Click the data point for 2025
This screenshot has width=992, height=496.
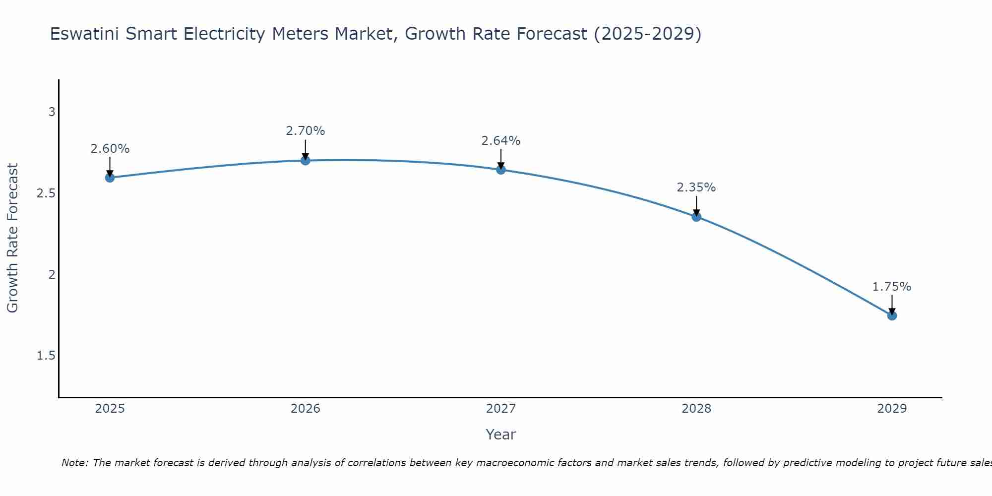[x=110, y=178]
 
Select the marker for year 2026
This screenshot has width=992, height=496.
[x=306, y=160]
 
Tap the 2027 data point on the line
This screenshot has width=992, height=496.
[x=501, y=170]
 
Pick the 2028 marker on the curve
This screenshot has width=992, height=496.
[x=696, y=217]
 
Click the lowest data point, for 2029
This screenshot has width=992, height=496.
[x=892, y=315]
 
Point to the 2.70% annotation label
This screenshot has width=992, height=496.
[x=306, y=131]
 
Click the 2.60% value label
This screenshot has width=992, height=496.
[x=110, y=149]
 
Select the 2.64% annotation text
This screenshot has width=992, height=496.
[x=501, y=141]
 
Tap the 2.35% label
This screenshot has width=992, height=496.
[x=696, y=187]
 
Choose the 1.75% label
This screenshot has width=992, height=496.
[x=892, y=287]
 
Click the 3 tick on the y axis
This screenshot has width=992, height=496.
[x=52, y=112]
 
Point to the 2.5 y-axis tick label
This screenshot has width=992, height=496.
[x=46, y=193]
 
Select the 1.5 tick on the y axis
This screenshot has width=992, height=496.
[x=46, y=356]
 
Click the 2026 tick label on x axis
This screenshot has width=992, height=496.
[x=306, y=409]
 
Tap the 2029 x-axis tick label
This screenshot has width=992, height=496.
[x=892, y=409]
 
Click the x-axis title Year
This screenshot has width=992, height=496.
[x=501, y=434]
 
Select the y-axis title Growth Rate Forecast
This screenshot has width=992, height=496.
[x=13, y=238]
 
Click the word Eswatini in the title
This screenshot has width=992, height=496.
[x=84, y=34]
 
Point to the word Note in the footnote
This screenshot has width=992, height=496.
[x=74, y=463]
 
